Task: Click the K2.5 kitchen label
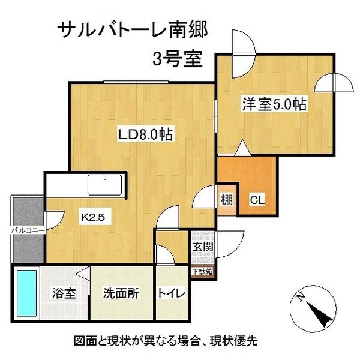coord(93,218)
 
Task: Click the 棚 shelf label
coord(226,199)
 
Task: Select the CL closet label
coord(257,199)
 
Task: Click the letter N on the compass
coord(299,296)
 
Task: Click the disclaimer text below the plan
coord(166,341)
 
